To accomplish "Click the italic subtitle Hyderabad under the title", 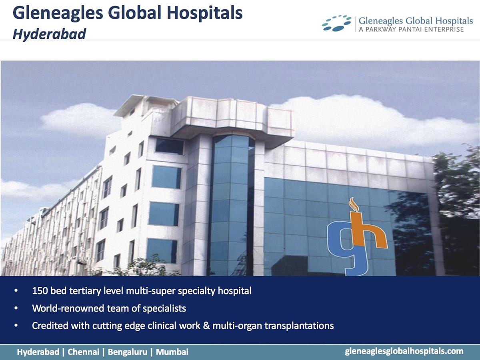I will click(x=49, y=34).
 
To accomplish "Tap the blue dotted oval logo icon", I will click(x=336, y=23).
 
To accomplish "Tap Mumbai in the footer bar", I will click(x=172, y=352).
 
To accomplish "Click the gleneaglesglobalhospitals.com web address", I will click(x=404, y=351).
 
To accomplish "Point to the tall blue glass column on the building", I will click(x=231, y=204).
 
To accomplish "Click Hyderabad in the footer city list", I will click(x=38, y=352).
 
